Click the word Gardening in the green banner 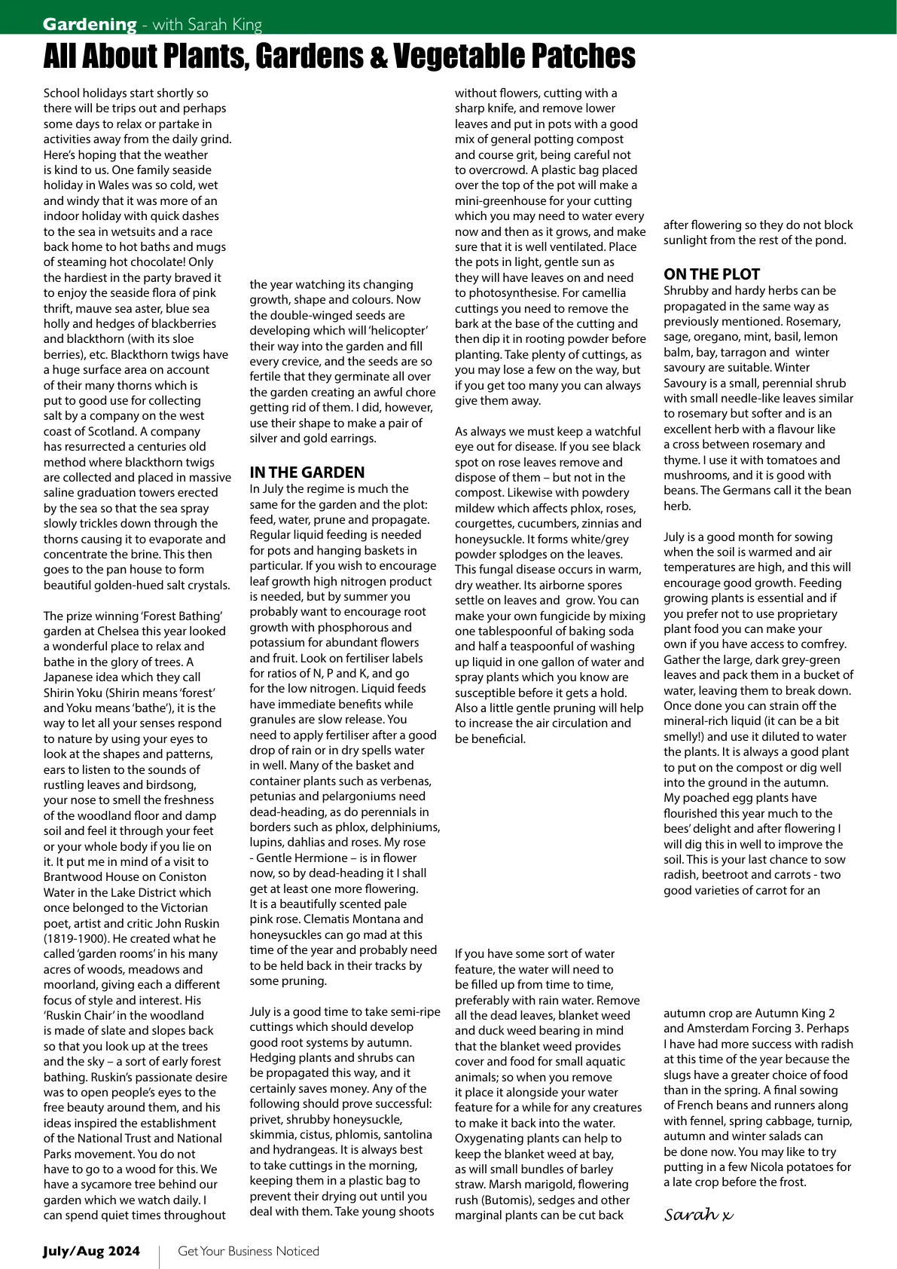[x=90, y=24]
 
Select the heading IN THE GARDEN [x=307, y=472]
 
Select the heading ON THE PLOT [x=712, y=274]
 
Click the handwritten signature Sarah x [x=698, y=1215]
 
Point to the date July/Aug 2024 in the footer [x=91, y=1251]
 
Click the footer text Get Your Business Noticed [x=249, y=1251]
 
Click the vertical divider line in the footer [x=159, y=1257]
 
